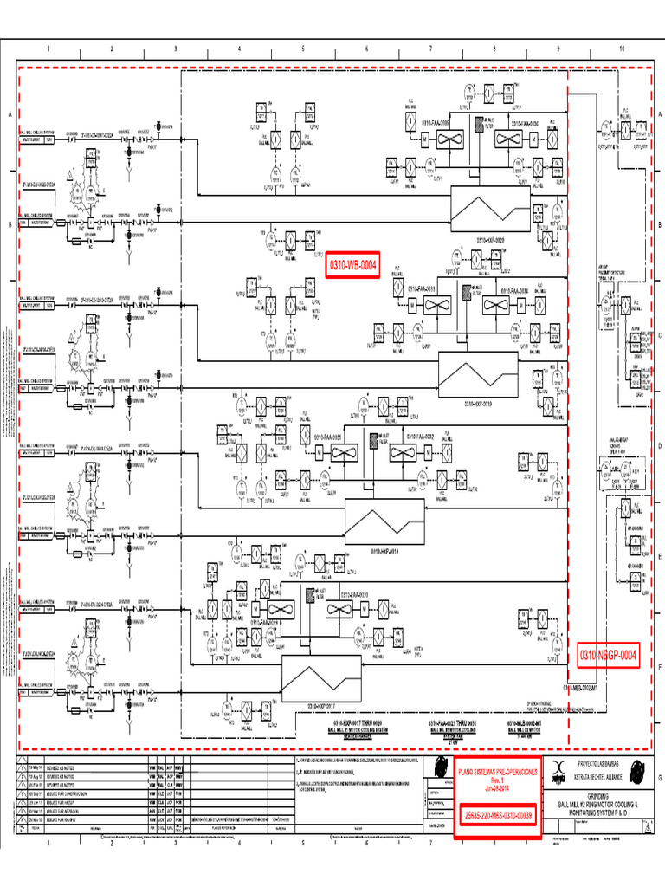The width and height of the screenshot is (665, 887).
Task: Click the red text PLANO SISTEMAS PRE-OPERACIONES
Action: pos(497,770)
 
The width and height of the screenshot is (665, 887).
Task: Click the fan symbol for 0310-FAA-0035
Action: pos(451,140)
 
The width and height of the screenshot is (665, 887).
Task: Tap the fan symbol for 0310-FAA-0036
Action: pos(509,140)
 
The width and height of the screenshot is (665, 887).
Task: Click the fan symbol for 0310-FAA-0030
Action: pos(342,610)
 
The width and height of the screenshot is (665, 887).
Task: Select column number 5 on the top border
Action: pos(303,49)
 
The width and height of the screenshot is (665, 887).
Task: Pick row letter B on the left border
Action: pos(10,224)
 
